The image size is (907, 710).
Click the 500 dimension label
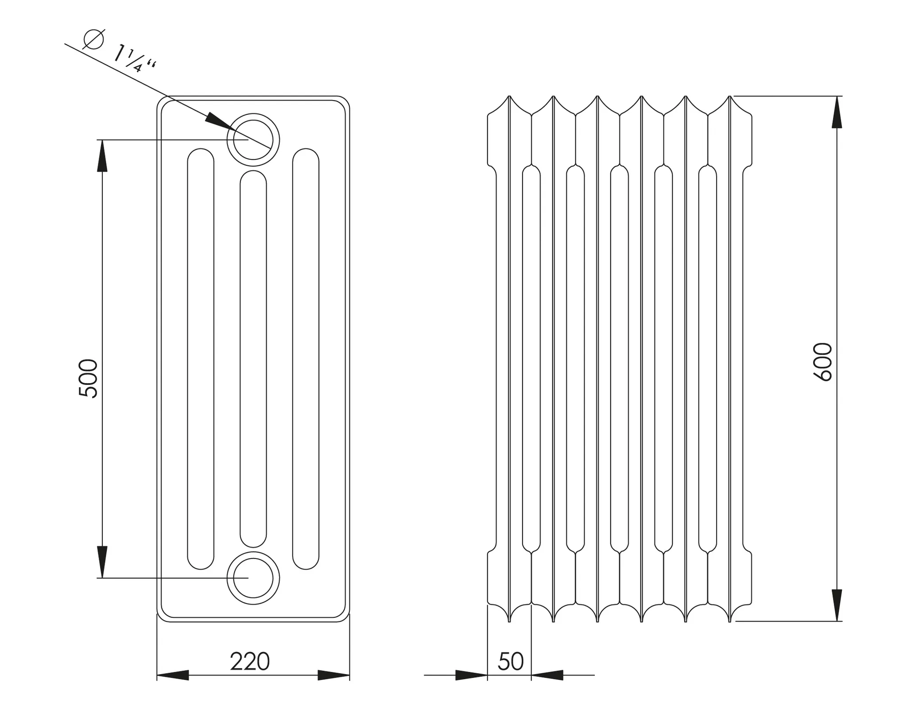[88, 379]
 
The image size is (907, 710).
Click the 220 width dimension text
[249, 662]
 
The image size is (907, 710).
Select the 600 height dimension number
[823, 362]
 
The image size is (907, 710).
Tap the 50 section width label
[511, 662]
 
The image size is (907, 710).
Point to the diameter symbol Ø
[93, 39]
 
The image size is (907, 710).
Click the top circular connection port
[253, 140]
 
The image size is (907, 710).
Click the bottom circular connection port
[253, 578]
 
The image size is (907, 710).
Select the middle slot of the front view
[253, 359]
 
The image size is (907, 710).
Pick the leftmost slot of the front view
[201, 359]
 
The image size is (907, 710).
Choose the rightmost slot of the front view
[306, 359]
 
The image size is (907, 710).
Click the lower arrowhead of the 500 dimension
[102, 562]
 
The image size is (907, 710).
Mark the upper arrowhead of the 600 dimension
[837, 113]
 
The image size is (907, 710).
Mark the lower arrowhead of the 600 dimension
[837, 605]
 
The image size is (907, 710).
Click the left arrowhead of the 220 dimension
[173, 675]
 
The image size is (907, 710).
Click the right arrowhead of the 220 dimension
[333, 675]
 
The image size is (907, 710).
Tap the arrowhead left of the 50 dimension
[471, 675]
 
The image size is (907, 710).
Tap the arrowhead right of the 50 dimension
[547, 675]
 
